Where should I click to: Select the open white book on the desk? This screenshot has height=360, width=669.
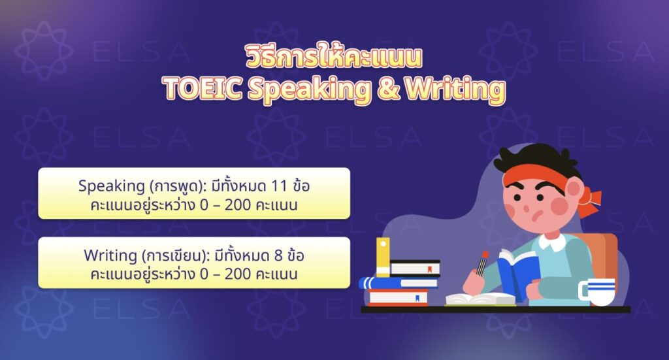[x=480, y=299]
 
